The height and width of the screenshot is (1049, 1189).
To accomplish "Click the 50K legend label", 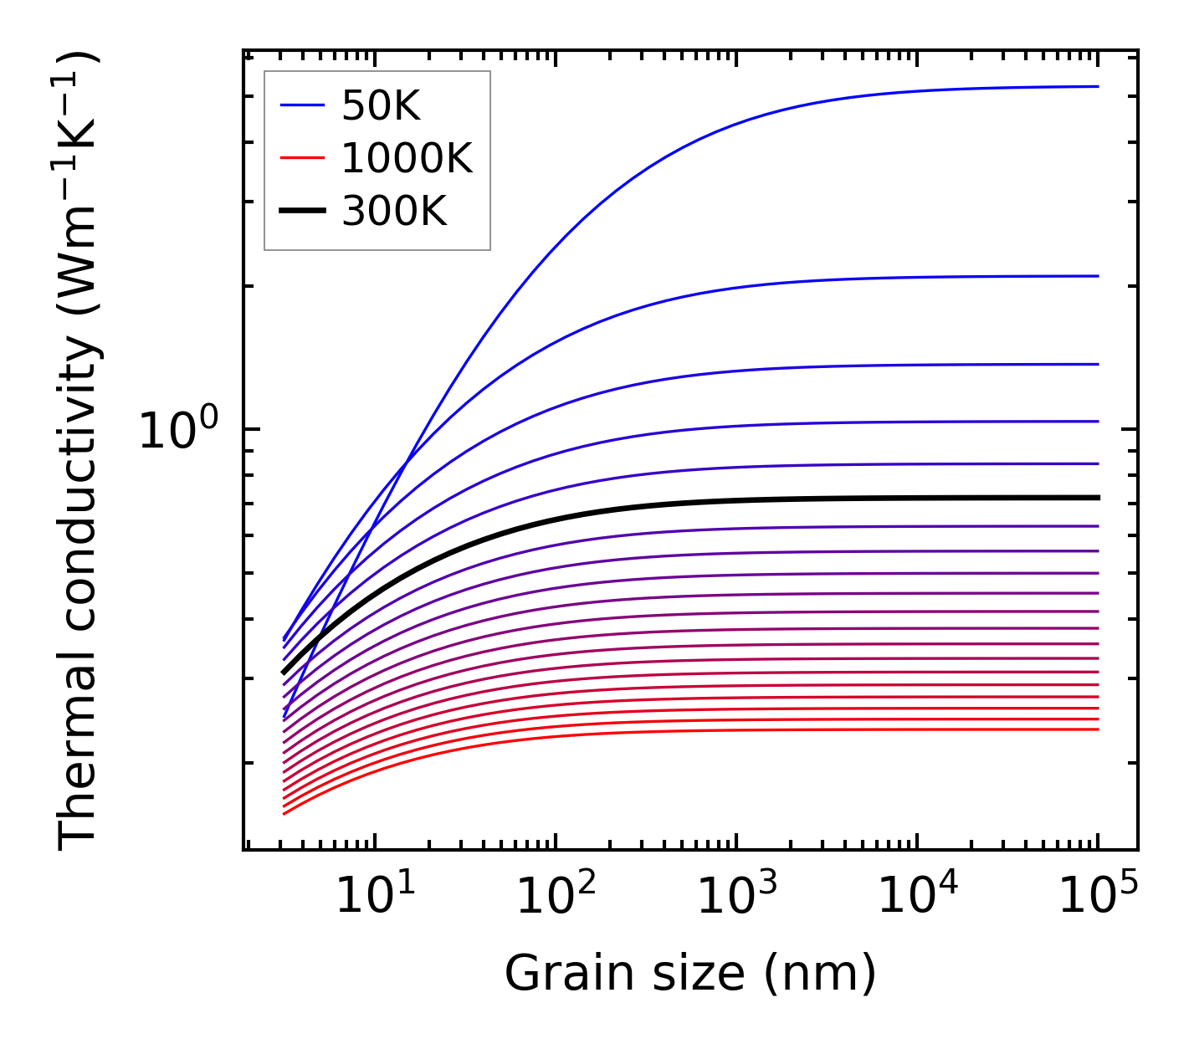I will click(x=380, y=106).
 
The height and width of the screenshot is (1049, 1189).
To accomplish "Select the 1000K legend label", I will click(x=407, y=158).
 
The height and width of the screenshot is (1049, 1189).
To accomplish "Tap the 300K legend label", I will click(x=393, y=212).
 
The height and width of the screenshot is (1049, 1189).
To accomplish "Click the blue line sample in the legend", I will click(x=302, y=105).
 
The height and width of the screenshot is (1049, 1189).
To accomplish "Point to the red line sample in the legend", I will click(x=302, y=158).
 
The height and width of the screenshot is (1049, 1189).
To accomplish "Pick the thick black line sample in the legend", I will click(x=302, y=212).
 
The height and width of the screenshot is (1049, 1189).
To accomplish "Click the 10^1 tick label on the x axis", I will click(x=374, y=897).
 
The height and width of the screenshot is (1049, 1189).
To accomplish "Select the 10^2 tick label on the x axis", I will click(x=556, y=897).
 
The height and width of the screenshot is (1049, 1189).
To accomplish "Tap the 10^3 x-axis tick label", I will click(x=736, y=897).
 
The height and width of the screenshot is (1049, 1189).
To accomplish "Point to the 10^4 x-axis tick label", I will click(x=917, y=897).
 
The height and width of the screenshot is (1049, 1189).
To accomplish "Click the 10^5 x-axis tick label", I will click(x=1098, y=897).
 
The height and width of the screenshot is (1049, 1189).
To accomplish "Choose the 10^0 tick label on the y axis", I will click(x=178, y=431).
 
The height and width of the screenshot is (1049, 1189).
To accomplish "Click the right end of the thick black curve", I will click(x=1097, y=498).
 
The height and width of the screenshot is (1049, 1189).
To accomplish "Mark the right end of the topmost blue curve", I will click(x=1097, y=86).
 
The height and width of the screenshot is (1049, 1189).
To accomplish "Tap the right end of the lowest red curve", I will click(x=1097, y=729).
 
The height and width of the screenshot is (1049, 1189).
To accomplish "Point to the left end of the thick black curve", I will click(x=284, y=672).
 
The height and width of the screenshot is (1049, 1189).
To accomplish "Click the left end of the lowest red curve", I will click(x=284, y=813).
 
